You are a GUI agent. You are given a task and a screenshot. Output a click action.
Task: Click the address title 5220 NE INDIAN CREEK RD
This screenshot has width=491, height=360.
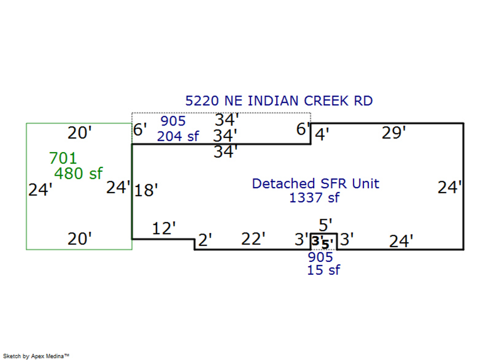tap(279, 101)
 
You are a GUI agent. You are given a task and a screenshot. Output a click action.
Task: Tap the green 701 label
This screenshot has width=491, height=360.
tap(63, 159)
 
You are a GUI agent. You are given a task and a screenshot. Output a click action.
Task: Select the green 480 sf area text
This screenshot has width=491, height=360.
tap(79, 174)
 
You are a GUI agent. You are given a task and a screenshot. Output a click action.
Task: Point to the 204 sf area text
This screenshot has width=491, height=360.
tap(178, 136)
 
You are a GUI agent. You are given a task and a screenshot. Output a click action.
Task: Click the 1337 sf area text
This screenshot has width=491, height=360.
tap(314, 197)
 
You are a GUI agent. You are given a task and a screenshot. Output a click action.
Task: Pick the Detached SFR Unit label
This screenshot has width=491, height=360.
tap(315, 183)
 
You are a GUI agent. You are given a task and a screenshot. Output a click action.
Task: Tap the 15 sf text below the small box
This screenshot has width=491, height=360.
tap(324, 269)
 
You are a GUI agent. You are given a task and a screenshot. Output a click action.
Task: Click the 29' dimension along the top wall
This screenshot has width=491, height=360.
tap(394, 133)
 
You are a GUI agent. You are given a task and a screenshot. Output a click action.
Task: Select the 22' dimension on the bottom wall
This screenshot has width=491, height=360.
tap(253, 239)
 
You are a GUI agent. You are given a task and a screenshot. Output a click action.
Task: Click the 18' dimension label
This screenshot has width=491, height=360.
tap(146, 190)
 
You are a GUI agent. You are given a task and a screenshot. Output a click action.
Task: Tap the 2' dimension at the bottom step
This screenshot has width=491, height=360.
tap(205, 239)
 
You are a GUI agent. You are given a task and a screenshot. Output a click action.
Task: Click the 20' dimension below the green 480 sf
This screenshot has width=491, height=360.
tap(79, 239)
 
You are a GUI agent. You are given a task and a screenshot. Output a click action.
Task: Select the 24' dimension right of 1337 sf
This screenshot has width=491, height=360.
tap(450, 188)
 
